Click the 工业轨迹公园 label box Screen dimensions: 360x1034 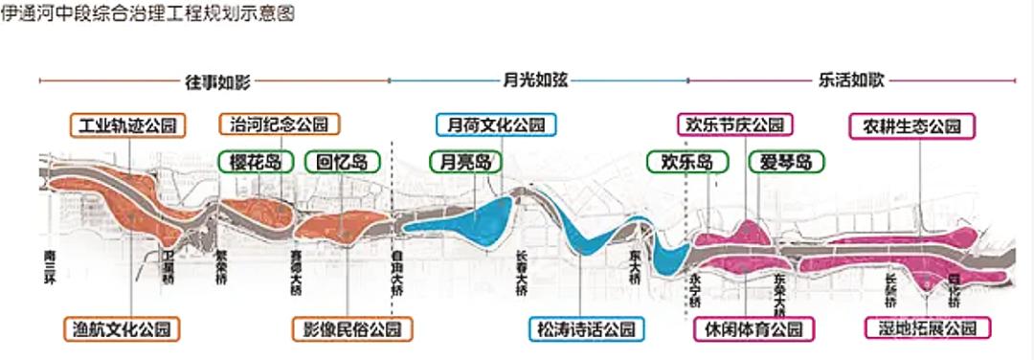pos(128,125)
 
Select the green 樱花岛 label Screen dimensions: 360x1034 pos(256,162)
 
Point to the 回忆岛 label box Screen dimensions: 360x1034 pos(342,162)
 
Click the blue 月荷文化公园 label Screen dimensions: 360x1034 pos(496,125)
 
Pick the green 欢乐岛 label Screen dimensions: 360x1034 pos(682,163)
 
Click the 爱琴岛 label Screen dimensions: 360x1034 pos(786,163)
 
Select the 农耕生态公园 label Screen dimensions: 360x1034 pos(911,125)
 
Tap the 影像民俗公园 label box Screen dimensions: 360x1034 pos(352,329)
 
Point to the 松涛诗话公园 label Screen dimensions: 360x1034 pos(586,329)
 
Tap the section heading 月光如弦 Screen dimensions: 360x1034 pos(535,81)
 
